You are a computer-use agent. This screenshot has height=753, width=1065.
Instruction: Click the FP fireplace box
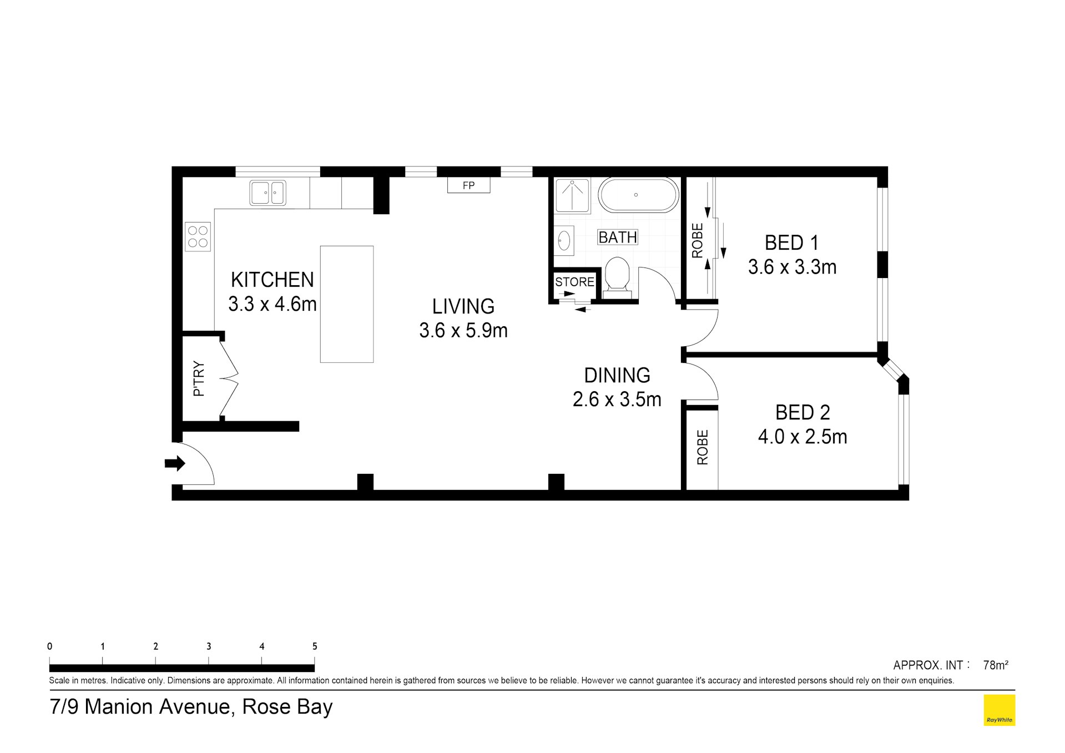pyautogui.click(x=468, y=185)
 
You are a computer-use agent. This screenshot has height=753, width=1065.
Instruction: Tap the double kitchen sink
pyautogui.click(x=267, y=193)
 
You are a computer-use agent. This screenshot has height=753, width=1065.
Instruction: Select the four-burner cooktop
pyautogui.click(x=198, y=236)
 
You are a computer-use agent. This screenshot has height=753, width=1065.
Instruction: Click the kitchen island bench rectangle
pyautogui.click(x=346, y=304)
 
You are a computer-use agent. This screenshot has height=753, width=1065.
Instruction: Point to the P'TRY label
pyautogui.click(x=199, y=379)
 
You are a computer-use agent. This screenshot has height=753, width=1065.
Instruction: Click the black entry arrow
pyautogui.click(x=175, y=463)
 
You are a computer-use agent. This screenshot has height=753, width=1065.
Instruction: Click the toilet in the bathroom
pyautogui.click(x=617, y=275)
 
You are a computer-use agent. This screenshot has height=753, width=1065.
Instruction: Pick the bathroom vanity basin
pyautogui.click(x=564, y=241)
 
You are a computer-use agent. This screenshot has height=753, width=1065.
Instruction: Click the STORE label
pyautogui.click(x=574, y=282)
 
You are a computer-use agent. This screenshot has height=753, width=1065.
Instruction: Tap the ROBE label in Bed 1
pyautogui.click(x=698, y=241)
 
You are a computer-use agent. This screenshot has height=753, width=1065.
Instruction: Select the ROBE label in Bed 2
pyautogui.click(x=703, y=447)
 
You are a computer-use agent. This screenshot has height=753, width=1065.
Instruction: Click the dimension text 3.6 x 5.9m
pyautogui.click(x=463, y=331)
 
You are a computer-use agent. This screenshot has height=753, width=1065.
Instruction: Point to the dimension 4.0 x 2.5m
pyautogui.click(x=802, y=437)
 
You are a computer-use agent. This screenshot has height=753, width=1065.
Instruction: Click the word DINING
pyautogui.click(x=617, y=376)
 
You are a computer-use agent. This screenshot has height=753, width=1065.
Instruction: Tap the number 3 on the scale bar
pyautogui.click(x=209, y=646)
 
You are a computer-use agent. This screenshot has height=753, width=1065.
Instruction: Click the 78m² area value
pyautogui.click(x=995, y=665)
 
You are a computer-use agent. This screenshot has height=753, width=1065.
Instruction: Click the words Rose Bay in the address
pyautogui.click(x=287, y=707)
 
